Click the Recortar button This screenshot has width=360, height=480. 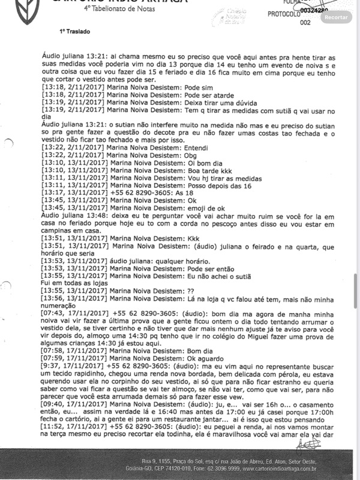tap(336, 17)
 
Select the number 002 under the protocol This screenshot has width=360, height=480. tap(305, 23)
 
